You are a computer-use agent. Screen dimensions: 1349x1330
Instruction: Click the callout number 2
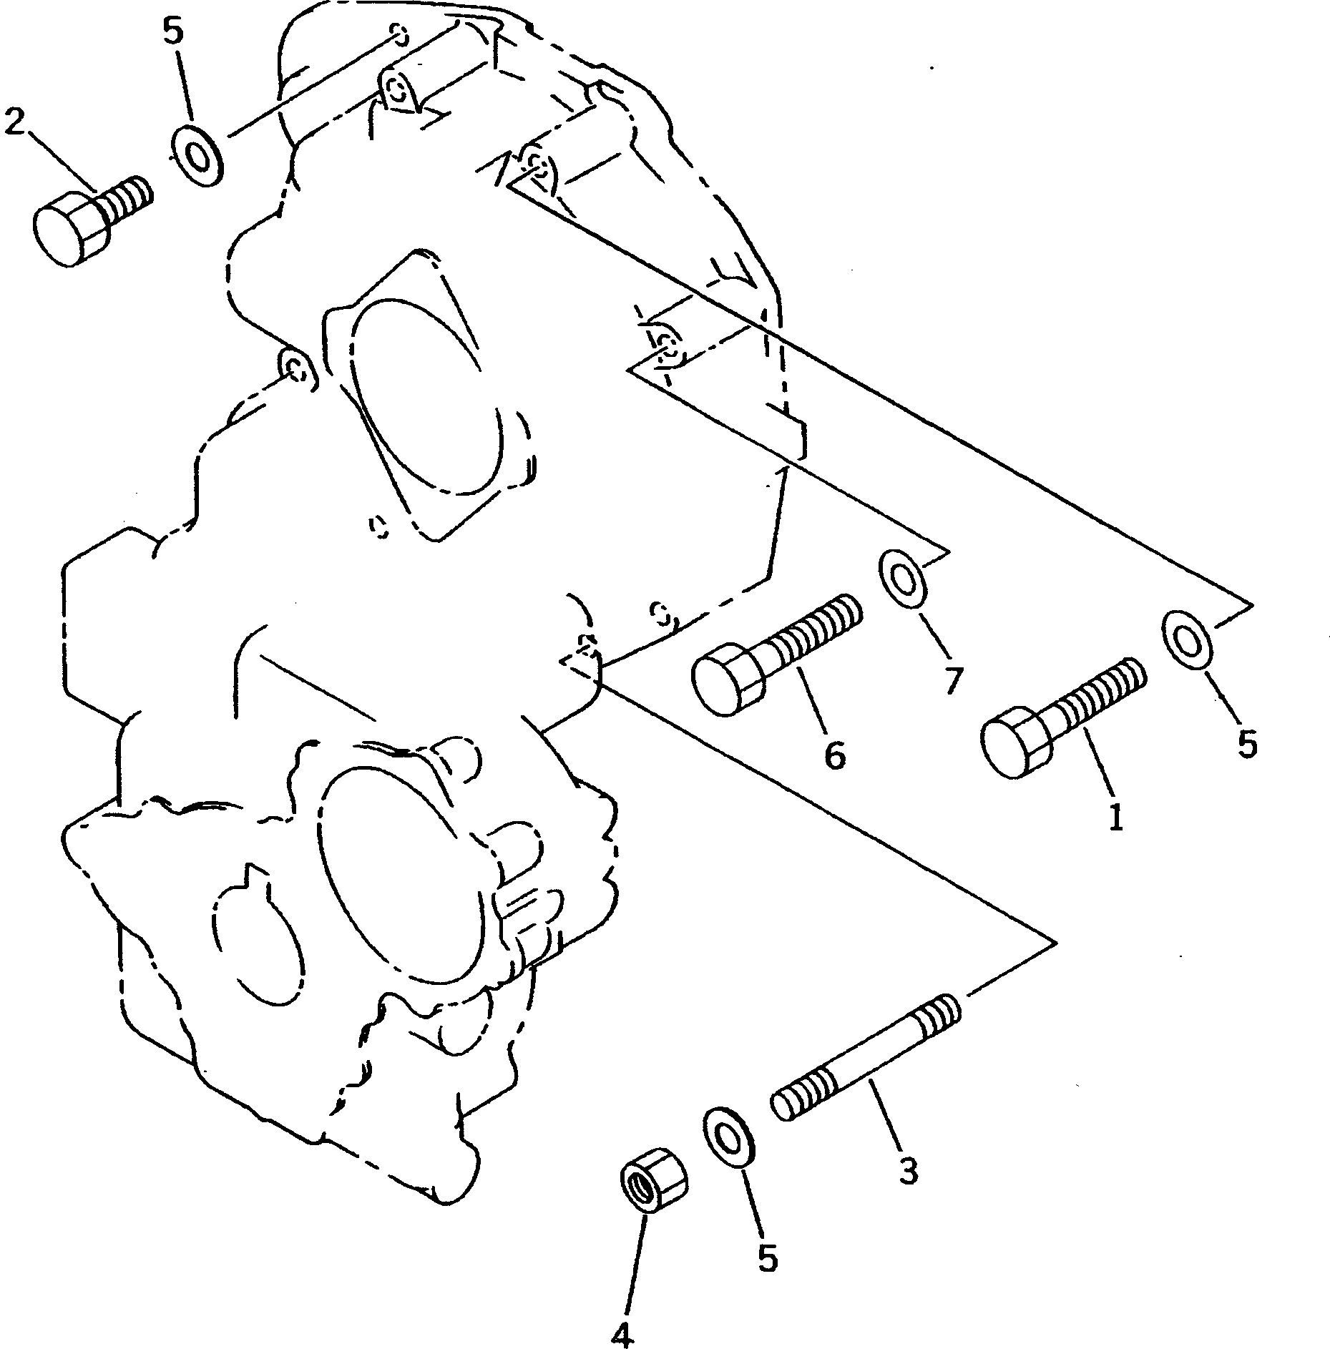pos(15,122)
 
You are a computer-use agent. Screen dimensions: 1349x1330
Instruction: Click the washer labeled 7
pos(904,579)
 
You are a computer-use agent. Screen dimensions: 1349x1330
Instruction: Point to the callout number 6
pos(835,753)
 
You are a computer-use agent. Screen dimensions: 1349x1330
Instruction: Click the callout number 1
pos(1115,816)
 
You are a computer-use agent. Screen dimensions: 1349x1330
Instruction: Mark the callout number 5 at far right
pos(1247,745)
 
